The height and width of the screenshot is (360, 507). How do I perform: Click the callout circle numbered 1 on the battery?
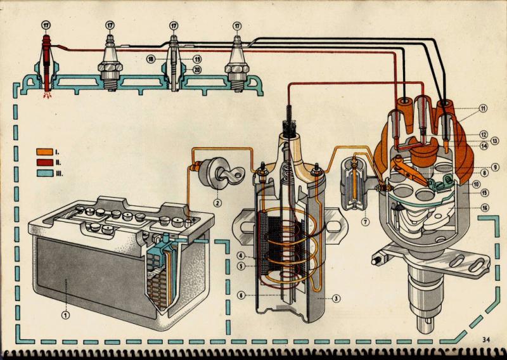point(64,312)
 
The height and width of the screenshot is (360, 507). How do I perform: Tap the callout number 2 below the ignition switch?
point(217,203)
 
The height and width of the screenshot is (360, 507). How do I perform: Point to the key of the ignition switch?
point(233,174)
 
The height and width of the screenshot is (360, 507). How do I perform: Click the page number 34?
point(486,340)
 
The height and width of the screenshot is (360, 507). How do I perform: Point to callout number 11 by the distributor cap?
point(484,108)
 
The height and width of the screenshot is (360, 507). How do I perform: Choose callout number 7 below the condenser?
point(365,222)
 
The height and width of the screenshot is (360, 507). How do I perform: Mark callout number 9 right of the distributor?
point(484,167)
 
